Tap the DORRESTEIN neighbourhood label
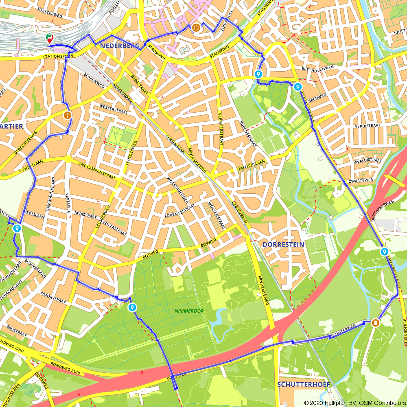pos(283,245)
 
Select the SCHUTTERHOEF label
pos(303,384)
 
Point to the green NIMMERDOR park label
pos(189,311)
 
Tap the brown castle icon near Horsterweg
pos(376,322)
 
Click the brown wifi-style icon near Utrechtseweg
pos(67,115)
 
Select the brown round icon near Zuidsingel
pos(197,28)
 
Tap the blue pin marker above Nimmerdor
pos(132,307)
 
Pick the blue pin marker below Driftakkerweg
pos(384,251)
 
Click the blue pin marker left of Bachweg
pos(298,86)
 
